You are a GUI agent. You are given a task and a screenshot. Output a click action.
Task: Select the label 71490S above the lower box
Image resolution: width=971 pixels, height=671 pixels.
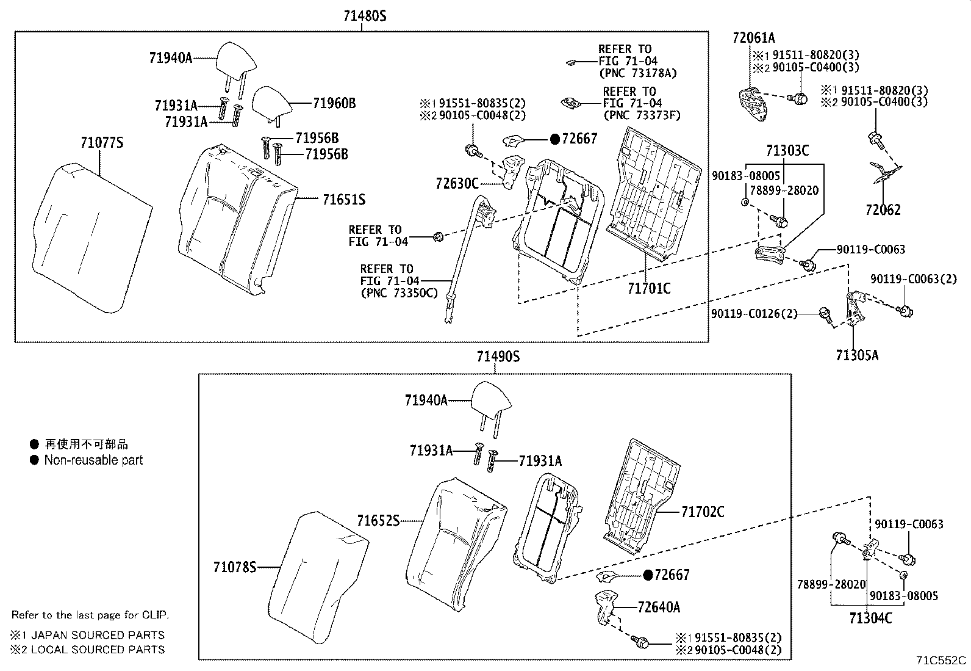click(x=498, y=357)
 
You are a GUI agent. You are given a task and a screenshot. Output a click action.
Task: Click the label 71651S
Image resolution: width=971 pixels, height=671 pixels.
click(x=343, y=200)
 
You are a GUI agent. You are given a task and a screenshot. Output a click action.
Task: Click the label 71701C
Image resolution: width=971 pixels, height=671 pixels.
click(x=649, y=288)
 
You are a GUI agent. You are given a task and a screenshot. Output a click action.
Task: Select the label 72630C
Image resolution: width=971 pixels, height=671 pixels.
click(x=457, y=183)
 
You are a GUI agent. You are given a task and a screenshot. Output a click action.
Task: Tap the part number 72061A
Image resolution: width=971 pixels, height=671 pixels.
click(x=753, y=38)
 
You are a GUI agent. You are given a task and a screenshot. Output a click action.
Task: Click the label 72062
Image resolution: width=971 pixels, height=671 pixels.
click(x=883, y=210)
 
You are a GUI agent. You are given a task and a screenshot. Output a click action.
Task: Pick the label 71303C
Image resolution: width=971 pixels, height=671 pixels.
click(x=787, y=151)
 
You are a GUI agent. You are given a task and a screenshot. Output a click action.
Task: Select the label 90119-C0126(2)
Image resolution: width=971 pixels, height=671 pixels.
click(x=754, y=314)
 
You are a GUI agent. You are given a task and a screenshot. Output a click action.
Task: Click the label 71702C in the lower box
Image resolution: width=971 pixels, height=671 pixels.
click(x=703, y=512)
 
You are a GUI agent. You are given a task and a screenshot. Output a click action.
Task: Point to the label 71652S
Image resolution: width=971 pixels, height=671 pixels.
click(x=378, y=521)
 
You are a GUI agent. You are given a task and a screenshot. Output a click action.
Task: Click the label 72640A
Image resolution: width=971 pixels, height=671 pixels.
click(x=659, y=608)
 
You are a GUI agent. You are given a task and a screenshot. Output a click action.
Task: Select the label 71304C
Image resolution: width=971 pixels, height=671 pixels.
click(x=870, y=618)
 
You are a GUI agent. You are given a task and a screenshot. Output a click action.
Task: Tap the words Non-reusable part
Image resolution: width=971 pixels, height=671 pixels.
click(x=93, y=460)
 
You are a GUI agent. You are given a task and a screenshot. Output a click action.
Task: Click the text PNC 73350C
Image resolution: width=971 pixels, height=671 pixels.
click(x=399, y=293)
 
